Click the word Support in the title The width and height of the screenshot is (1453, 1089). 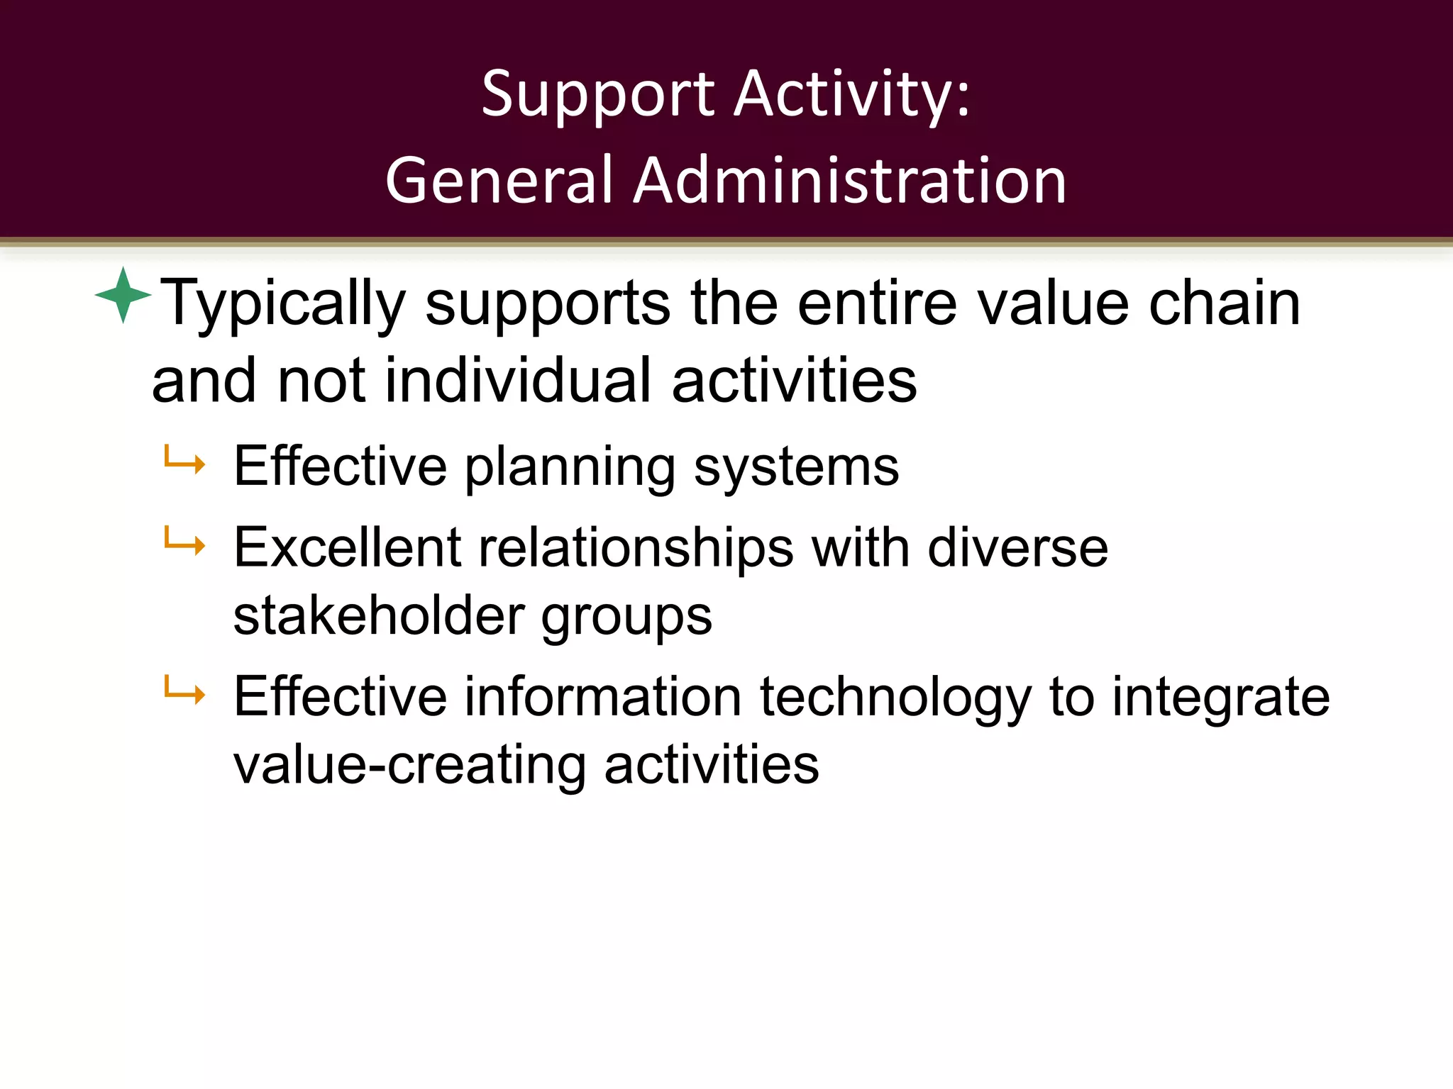tap(598, 95)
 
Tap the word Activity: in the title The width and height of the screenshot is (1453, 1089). tap(852, 95)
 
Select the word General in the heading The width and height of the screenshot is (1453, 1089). tap(499, 181)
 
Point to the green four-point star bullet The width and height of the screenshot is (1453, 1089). tap(123, 295)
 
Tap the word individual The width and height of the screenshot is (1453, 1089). tap(518, 381)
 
